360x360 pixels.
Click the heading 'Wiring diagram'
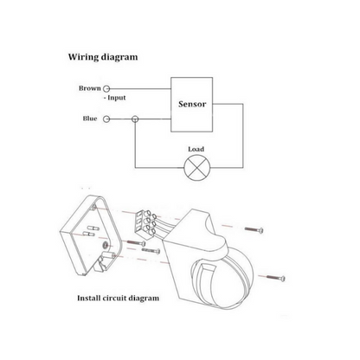click(103, 57)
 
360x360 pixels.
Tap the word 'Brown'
click(90, 88)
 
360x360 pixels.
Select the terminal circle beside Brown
click(106, 88)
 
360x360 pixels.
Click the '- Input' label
click(115, 98)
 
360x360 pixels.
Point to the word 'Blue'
click(90, 119)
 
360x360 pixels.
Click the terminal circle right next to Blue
click(106, 119)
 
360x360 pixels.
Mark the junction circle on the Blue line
click(135, 119)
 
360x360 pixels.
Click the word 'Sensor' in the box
click(192, 104)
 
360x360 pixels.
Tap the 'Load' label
click(196, 149)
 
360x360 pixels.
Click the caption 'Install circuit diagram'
click(118, 298)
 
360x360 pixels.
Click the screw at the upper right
click(254, 229)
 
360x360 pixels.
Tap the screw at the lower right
click(276, 278)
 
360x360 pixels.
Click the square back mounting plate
click(92, 235)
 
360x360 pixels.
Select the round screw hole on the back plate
click(106, 245)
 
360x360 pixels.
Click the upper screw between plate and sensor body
click(136, 242)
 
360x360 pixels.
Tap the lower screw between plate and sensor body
click(151, 250)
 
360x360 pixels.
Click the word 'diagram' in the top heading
click(119, 57)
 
